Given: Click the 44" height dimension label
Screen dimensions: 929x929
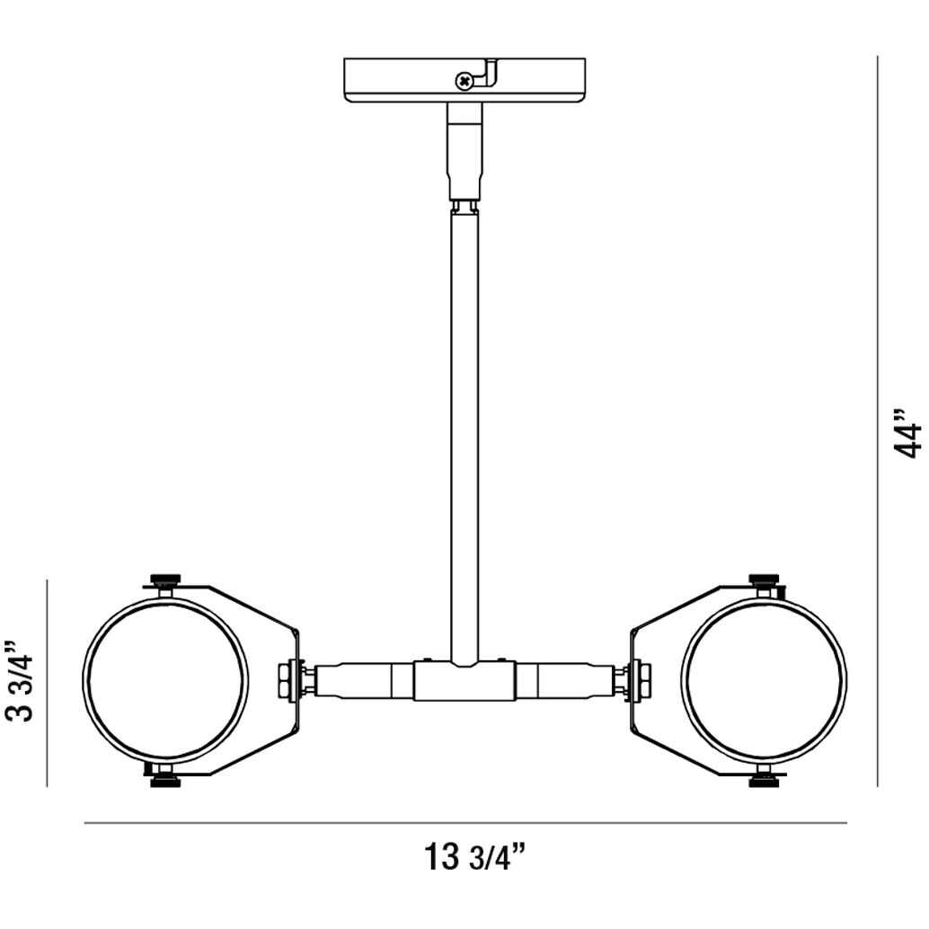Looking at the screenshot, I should click(x=909, y=435).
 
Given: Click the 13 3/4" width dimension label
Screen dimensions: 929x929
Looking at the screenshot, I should click(x=473, y=858).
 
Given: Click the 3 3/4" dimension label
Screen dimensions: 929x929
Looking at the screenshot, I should click(x=20, y=681).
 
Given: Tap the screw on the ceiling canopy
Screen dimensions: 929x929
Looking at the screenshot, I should click(x=464, y=82).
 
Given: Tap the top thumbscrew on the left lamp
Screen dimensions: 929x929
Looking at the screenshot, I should click(x=165, y=580).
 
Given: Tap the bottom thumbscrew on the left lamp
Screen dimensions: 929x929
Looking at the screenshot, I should click(x=164, y=780).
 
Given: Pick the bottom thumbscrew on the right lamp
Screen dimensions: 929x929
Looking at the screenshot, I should click(x=764, y=780).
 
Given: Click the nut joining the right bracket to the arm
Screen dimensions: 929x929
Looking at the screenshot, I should click(x=641, y=680).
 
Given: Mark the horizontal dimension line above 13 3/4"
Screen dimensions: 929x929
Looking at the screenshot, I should click(x=464, y=822).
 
